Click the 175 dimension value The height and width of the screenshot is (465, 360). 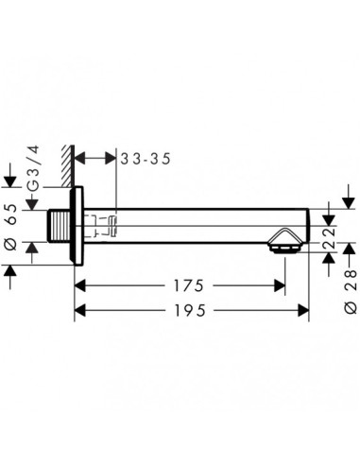pos(189,285)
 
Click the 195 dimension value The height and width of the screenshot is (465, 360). pos(190,311)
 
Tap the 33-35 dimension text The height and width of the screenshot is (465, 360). pos(146,159)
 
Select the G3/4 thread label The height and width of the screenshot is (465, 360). pos(33,168)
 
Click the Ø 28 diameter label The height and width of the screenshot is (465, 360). pos(351,291)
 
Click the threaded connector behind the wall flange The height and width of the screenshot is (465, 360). pos(59,226)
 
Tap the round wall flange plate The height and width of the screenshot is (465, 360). pos(77,226)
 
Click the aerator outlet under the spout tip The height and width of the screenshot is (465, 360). pos(284,250)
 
